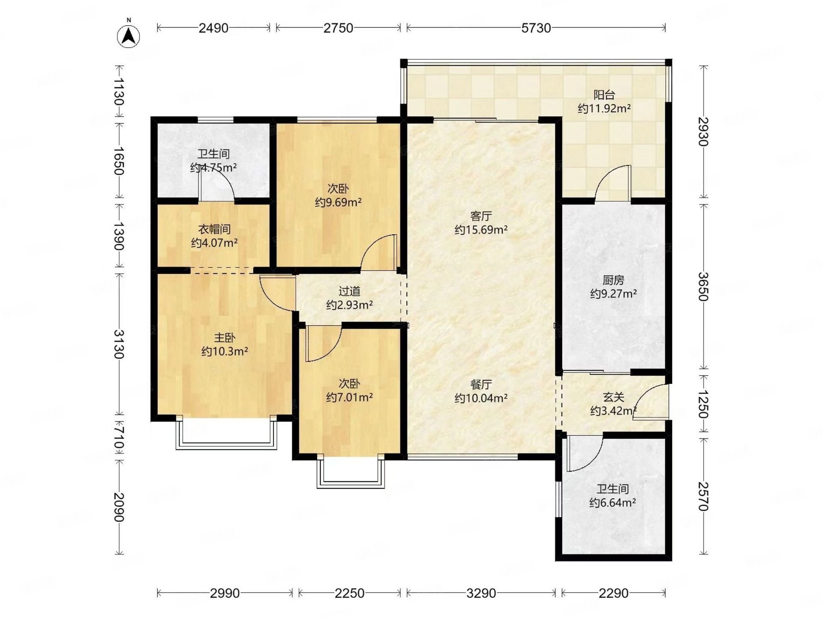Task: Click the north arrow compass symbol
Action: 129,35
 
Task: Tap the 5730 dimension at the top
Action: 536,28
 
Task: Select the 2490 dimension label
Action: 213,28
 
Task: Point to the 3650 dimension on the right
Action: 703,286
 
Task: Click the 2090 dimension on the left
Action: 119,507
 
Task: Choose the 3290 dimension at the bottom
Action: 481,593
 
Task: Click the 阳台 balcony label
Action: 604,95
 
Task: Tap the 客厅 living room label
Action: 481,216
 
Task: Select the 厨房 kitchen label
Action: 613,280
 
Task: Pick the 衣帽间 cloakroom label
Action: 214,229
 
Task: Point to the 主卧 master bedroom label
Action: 225,338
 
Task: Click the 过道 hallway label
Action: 349,291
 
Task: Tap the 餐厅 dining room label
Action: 481,384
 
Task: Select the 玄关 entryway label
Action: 613,397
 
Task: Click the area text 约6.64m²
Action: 613,502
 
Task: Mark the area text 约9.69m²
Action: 338,202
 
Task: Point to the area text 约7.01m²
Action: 349,397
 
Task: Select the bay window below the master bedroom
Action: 226,433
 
